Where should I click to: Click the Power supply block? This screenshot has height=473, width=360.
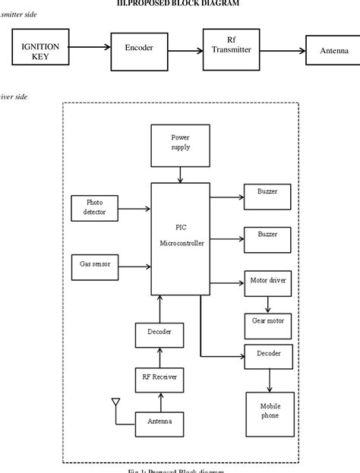181,141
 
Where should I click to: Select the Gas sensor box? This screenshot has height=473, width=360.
95,266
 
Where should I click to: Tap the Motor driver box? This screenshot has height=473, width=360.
267,281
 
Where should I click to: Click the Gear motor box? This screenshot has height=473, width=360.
267,321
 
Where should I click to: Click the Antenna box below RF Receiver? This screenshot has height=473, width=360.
159,421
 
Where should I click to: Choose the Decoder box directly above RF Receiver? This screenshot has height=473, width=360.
159,333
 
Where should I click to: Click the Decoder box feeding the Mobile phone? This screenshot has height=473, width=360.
267,354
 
